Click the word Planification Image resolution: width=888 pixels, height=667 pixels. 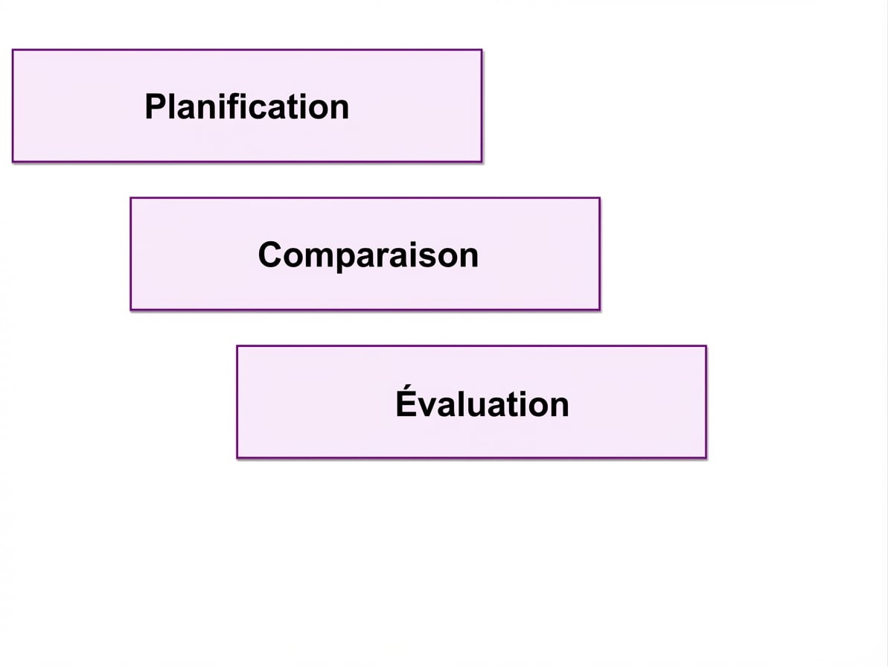247,106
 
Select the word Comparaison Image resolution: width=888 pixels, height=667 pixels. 368,255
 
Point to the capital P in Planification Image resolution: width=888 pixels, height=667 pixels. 155,106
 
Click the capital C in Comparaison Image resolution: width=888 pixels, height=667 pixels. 270,255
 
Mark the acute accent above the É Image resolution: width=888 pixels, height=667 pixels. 408,387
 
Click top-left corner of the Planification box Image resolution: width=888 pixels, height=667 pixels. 13,51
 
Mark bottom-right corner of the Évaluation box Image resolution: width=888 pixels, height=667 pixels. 706,457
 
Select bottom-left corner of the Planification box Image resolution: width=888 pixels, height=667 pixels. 13,162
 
